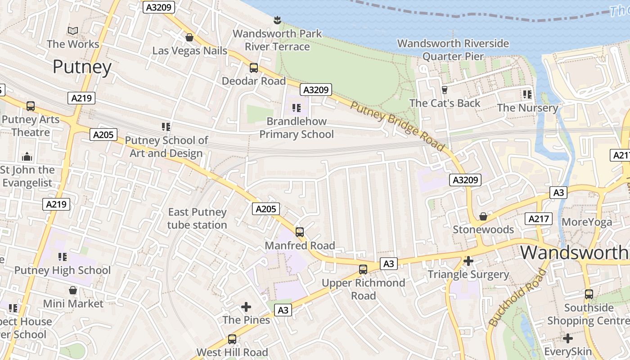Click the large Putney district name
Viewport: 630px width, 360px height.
(82, 67)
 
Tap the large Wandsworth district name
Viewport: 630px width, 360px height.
(574, 252)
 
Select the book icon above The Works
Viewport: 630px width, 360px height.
(73, 31)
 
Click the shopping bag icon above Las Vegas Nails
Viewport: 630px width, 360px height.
(189, 37)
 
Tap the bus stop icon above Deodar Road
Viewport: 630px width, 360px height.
(254, 68)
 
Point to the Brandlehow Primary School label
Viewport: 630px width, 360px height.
(297, 128)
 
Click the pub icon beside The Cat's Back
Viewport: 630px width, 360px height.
(445, 90)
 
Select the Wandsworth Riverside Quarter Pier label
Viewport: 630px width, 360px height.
(453, 50)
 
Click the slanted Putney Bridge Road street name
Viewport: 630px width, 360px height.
(397, 126)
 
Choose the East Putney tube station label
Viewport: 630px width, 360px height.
(197, 218)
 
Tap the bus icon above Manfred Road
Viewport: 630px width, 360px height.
(300, 232)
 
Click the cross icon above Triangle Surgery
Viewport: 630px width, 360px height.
(468, 261)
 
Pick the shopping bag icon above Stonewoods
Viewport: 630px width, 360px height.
(483, 217)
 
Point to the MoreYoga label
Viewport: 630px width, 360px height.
(587, 222)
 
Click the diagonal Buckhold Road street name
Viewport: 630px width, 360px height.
(518, 298)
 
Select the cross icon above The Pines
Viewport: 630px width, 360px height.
(246, 307)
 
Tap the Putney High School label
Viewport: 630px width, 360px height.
(63, 270)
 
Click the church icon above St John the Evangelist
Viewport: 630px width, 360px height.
(27, 157)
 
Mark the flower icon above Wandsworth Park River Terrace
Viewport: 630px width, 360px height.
(277, 20)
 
